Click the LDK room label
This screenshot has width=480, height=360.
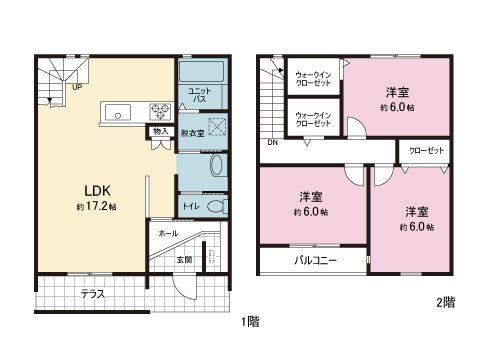(x=97, y=191)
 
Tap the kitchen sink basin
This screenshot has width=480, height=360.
(x=118, y=112)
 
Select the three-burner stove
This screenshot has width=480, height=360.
(x=160, y=112)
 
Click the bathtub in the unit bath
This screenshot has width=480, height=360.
(x=201, y=71)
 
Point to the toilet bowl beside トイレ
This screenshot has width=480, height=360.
(x=218, y=206)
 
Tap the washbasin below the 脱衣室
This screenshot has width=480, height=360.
(x=217, y=165)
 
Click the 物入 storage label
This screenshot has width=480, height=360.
(x=161, y=131)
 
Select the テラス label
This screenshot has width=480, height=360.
(x=93, y=294)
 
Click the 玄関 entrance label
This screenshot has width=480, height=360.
(x=184, y=259)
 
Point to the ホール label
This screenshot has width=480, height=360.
(x=168, y=233)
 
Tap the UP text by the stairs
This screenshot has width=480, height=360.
(x=77, y=87)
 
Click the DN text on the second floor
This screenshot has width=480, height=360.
(x=272, y=142)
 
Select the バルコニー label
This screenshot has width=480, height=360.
(x=316, y=260)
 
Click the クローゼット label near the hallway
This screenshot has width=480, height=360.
(x=427, y=150)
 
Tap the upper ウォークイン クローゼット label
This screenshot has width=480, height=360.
(x=313, y=79)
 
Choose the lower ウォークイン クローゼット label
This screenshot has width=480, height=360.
(x=313, y=119)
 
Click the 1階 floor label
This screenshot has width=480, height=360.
(x=250, y=322)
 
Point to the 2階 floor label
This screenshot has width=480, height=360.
(x=446, y=302)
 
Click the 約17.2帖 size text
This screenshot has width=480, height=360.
(x=97, y=207)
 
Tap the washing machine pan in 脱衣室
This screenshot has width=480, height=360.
(x=217, y=127)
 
